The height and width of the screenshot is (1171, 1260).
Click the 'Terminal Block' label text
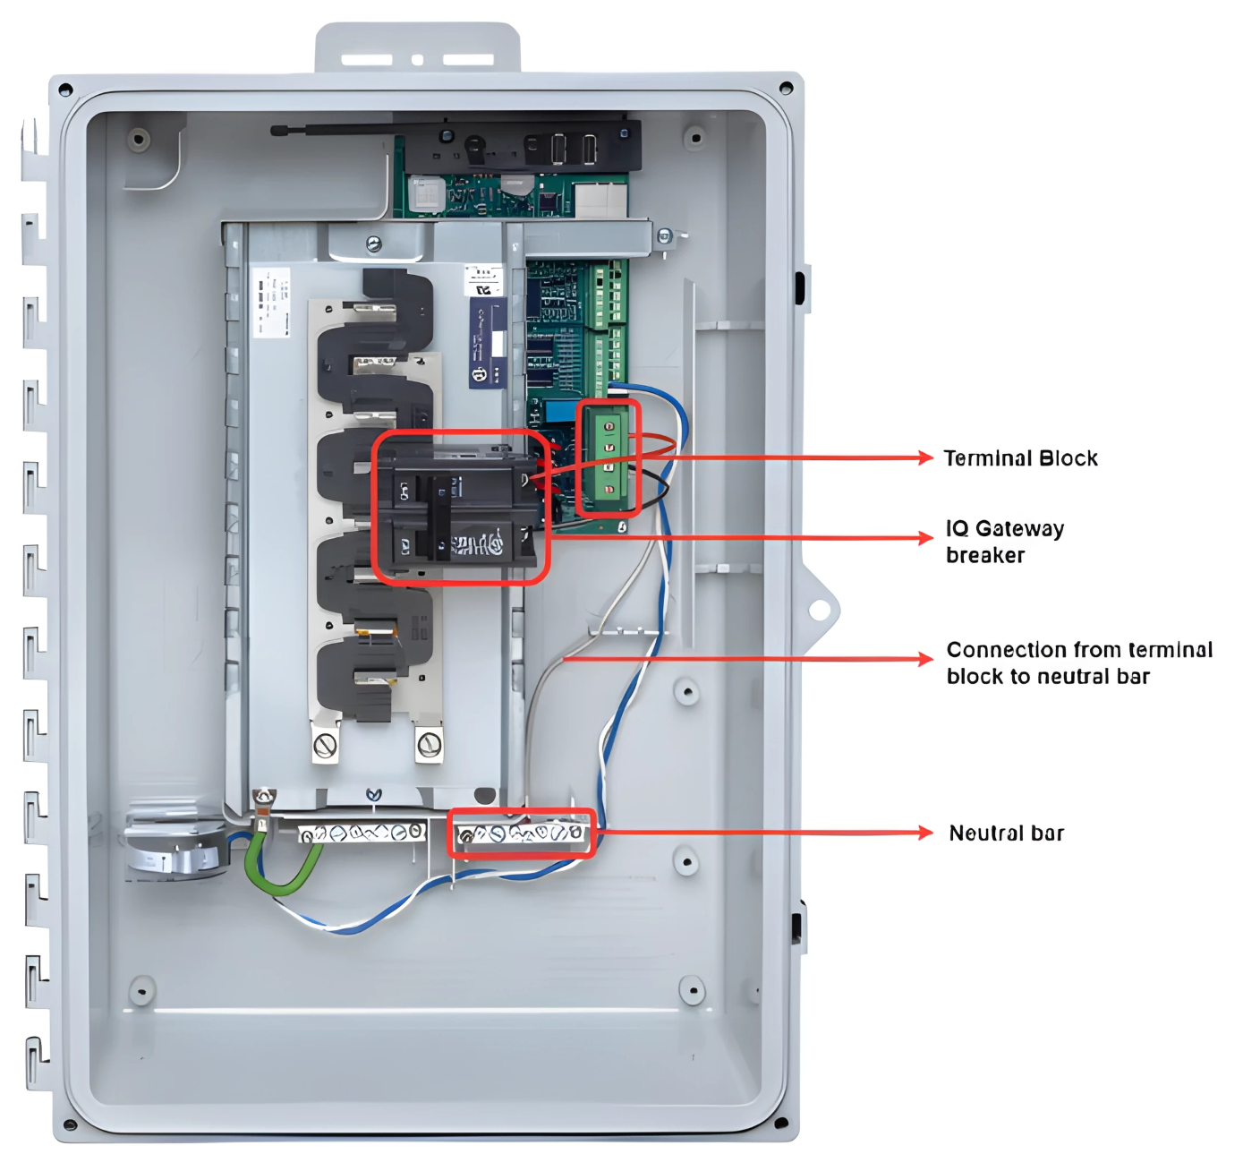[x=1020, y=458]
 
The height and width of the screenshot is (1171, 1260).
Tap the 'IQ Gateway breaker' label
[x=1004, y=541]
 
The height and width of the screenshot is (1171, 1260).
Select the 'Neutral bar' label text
[x=1006, y=833]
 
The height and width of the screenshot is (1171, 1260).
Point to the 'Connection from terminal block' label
[x=1078, y=662]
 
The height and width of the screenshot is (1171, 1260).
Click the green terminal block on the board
[x=609, y=457]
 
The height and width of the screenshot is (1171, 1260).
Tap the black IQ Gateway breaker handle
[x=440, y=517]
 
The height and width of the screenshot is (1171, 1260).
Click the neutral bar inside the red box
[x=520, y=834]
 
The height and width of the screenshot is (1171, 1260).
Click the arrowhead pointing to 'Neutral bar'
[x=925, y=833]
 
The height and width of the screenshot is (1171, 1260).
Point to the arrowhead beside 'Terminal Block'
[x=925, y=457]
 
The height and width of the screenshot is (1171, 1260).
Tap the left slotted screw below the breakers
[x=326, y=744]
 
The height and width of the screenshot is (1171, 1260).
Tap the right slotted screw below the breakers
[x=430, y=743]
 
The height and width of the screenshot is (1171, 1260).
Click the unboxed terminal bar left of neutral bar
[x=362, y=833]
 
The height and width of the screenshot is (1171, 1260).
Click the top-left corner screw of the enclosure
[x=65, y=90]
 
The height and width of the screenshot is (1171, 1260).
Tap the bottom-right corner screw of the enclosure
[x=780, y=1123]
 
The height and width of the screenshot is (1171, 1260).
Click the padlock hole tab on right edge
[x=819, y=611]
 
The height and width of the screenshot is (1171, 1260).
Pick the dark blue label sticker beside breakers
[x=488, y=343]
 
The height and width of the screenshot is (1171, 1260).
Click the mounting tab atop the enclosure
[x=417, y=49]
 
